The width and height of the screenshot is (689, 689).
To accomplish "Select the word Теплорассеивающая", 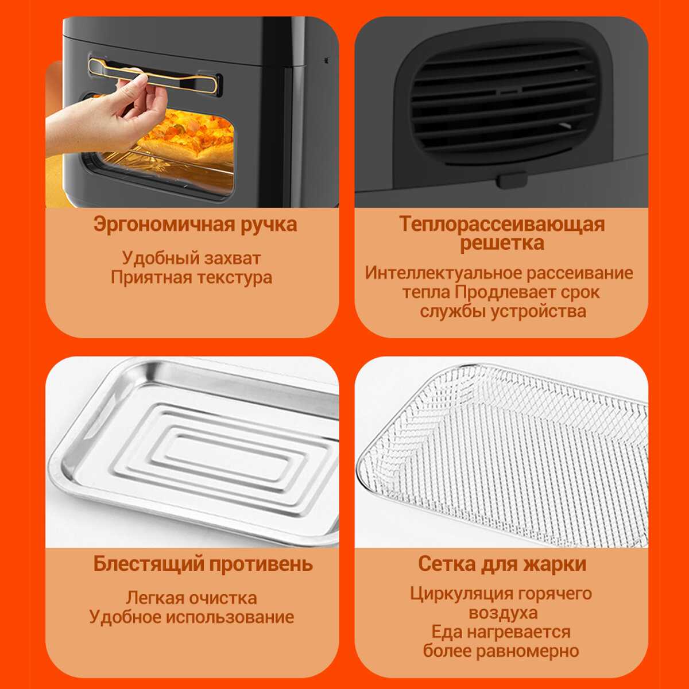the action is [x=502, y=224].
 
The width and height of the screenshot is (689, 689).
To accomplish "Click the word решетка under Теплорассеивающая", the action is [x=502, y=243].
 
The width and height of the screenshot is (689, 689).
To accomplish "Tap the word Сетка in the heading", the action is [x=447, y=564].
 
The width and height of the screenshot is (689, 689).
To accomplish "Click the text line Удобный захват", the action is [x=191, y=258].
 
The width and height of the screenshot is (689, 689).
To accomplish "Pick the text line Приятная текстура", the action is [x=191, y=277].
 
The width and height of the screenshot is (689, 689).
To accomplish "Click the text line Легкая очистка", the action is [x=191, y=598].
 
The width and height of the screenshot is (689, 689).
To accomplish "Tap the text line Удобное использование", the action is [x=191, y=617].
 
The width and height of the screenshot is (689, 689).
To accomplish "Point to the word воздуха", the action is [x=503, y=613].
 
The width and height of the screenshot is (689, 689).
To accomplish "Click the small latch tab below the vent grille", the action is [x=512, y=180].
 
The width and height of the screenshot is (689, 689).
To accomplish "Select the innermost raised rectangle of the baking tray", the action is [x=229, y=458].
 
